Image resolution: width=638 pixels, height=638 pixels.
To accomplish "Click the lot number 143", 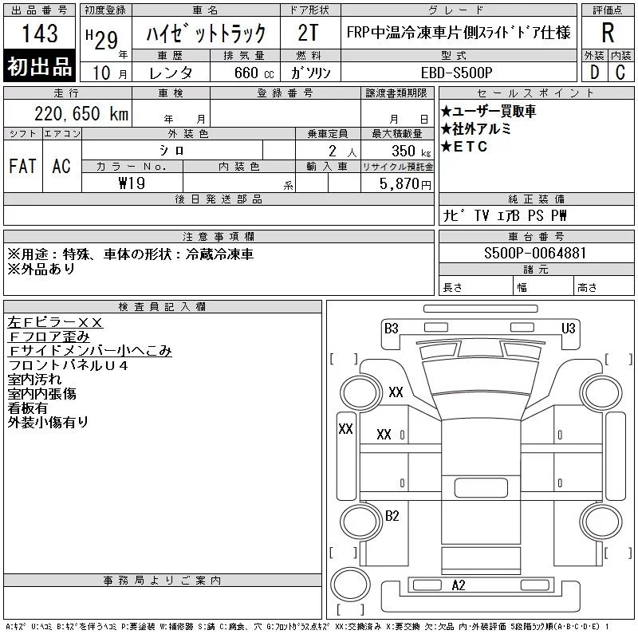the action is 40,33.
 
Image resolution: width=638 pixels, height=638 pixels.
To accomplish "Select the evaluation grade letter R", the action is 608,33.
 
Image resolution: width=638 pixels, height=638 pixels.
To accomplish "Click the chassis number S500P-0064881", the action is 536,254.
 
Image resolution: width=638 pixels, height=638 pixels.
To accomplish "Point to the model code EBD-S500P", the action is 451,72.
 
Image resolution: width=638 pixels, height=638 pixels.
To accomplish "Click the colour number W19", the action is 132,183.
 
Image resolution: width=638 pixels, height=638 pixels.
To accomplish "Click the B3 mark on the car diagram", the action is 391,328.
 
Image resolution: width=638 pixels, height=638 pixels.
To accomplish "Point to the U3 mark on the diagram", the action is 569,328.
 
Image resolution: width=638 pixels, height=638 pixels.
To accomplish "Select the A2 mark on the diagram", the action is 459,585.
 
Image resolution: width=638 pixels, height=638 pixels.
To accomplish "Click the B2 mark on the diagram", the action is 392,516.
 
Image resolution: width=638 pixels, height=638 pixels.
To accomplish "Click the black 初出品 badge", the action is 40,67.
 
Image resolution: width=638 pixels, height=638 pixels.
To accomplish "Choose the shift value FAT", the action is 22,166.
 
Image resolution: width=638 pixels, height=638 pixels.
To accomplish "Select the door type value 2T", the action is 308,33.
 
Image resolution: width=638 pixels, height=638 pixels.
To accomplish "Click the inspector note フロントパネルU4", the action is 68,364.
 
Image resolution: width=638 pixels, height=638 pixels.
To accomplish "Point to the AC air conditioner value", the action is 61,166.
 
